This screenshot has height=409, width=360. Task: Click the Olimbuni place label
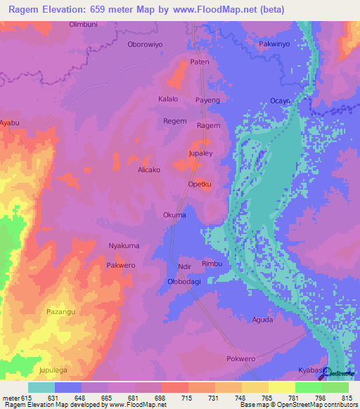(x=82, y=25)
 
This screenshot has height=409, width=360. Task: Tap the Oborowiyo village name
(x=145, y=44)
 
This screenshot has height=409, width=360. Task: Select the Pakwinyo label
(x=274, y=44)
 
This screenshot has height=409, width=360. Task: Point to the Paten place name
(x=200, y=63)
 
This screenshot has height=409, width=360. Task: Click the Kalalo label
(x=168, y=100)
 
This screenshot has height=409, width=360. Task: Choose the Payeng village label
(x=207, y=100)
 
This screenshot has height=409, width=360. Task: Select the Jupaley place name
(x=200, y=152)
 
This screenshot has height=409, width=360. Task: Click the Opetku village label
(x=200, y=185)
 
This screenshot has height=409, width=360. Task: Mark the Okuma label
(x=174, y=215)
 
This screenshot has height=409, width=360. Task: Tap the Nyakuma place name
(x=124, y=246)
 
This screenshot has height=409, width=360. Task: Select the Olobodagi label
(x=184, y=281)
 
